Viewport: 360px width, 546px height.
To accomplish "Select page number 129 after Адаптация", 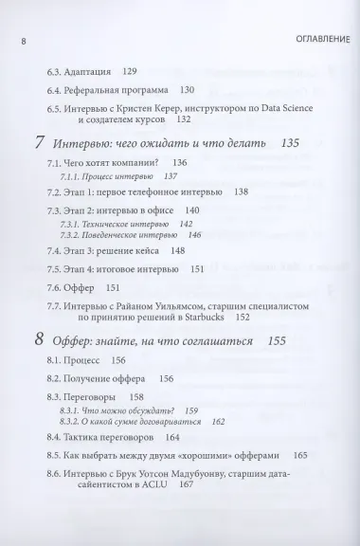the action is click(x=130, y=71).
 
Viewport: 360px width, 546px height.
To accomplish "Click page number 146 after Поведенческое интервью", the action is click(x=194, y=234).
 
